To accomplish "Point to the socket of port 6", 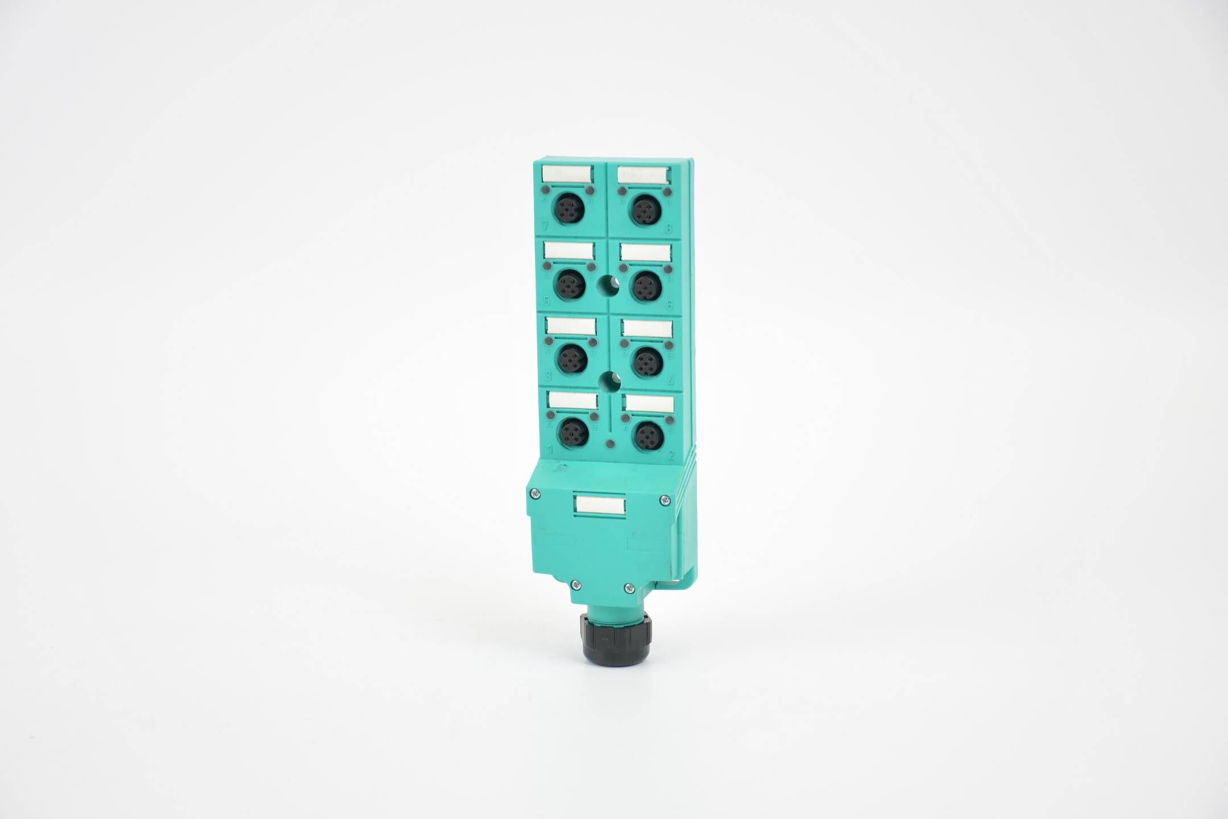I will tap(646, 287).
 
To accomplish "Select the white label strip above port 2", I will tap(649, 404).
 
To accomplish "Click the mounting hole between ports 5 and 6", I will tap(609, 283).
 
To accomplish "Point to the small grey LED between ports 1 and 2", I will tap(610, 444).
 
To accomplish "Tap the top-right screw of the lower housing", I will tap(664, 500).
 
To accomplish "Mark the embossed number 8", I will tap(669, 229).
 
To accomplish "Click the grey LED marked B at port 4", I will tap(669, 345).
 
